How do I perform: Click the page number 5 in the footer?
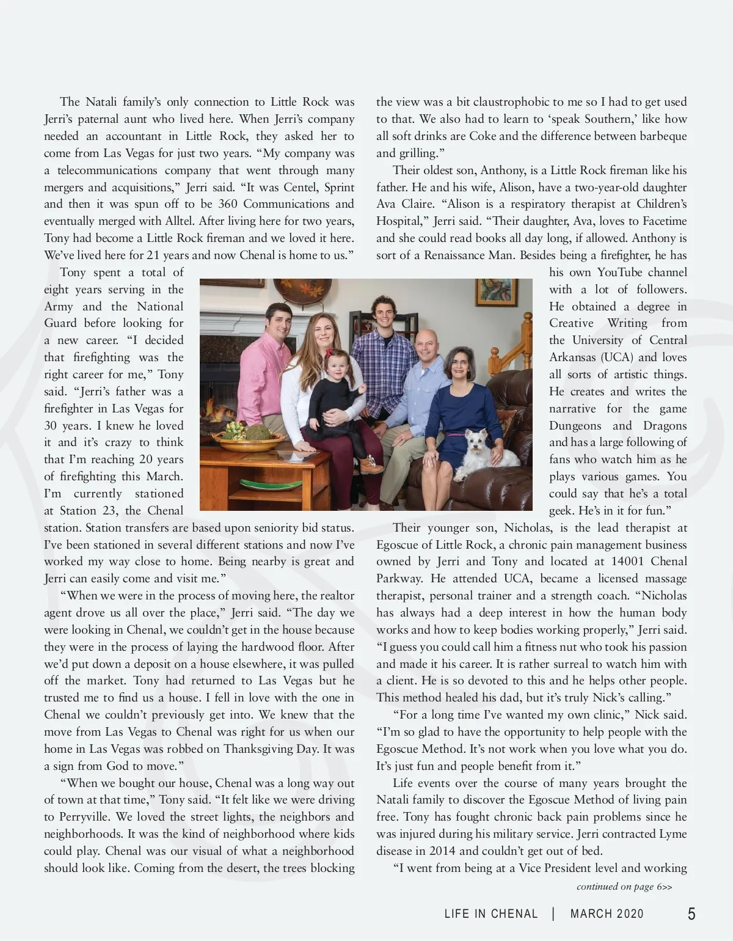coord(691,914)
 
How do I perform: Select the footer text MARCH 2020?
coord(607,914)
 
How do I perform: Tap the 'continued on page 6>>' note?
coord(624,887)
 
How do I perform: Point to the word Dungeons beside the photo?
coord(576,426)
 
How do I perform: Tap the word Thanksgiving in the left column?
coord(260,749)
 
